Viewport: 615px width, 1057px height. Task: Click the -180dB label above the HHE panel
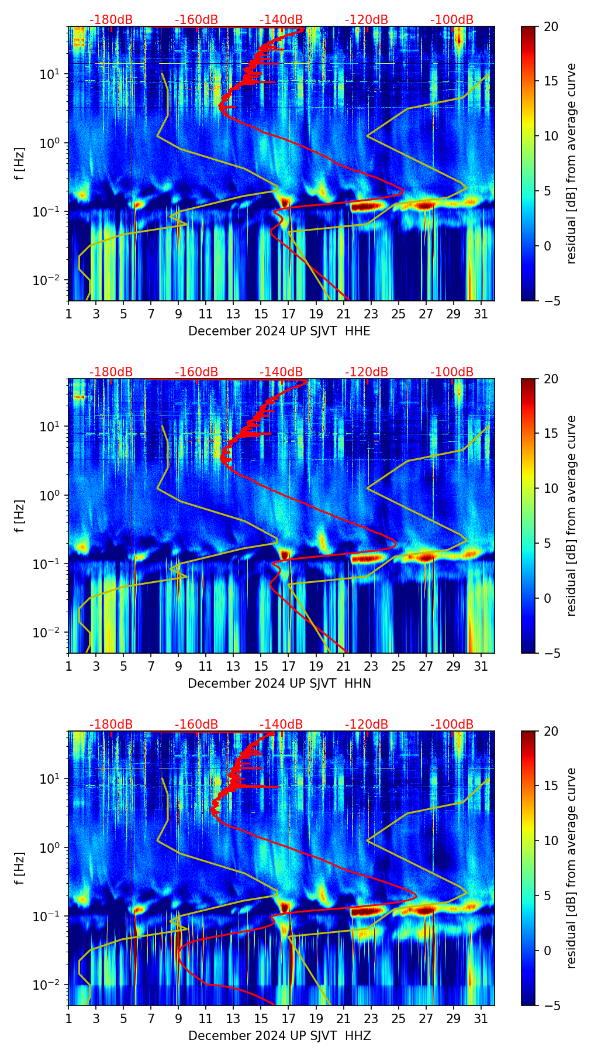point(111,20)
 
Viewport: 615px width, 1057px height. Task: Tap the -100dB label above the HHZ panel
point(452,725)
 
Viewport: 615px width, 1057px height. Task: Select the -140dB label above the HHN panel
point(281,372)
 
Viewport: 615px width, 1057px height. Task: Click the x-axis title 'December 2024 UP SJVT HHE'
point(279,331)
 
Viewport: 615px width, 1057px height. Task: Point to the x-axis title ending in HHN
point(279,684)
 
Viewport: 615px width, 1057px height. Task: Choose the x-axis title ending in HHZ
point(279,1036)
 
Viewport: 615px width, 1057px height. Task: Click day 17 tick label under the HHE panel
point(289,314)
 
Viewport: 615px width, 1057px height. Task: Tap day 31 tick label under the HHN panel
point(481,666)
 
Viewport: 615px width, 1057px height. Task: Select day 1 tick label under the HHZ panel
point(68,1018)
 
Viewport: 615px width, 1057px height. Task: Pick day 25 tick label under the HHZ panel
point(399,1018)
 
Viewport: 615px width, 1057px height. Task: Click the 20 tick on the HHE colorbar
point(551,26)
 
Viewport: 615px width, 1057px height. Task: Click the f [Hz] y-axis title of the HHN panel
point(20,516)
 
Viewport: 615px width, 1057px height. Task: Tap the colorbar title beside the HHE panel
point(571,163)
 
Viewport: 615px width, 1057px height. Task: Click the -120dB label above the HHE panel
point(367,20)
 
